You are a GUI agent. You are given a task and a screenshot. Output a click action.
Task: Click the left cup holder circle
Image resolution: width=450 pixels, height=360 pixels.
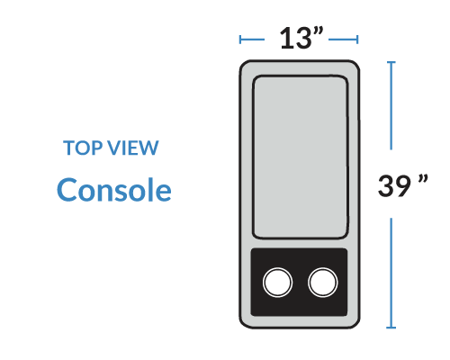coord(277,283)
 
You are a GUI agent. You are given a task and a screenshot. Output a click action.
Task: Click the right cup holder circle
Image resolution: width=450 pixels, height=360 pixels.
coord(323,283)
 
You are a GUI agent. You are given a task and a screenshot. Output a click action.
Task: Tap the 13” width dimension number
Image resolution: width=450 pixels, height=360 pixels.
coord(301,38)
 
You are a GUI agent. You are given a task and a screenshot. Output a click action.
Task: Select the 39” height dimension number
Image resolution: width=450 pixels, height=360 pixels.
coord(403,185)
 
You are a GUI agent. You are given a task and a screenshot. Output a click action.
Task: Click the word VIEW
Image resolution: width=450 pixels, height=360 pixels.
coord(133,148)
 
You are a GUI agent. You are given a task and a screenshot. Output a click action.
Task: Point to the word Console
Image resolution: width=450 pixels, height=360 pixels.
coord(114,190)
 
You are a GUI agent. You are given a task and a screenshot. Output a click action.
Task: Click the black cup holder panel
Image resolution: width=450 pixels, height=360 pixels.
coord(299,282)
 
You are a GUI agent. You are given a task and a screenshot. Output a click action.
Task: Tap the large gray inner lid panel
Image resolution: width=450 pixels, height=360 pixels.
coord(301,157)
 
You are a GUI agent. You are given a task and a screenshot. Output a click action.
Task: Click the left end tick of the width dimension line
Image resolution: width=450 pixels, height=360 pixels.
coord(240,40)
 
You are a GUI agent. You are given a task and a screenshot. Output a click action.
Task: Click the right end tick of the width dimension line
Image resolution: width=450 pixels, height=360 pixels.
coord(357,40)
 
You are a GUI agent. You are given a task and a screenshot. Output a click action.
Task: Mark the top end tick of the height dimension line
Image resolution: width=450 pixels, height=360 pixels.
coord(391,62)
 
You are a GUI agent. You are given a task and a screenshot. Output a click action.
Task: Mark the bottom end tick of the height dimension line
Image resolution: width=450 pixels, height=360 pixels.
coord(391,328)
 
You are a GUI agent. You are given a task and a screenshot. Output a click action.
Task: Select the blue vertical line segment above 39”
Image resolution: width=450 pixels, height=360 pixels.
coord(391,105)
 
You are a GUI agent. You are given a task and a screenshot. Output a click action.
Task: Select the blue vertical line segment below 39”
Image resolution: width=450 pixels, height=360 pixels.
coord(391,273)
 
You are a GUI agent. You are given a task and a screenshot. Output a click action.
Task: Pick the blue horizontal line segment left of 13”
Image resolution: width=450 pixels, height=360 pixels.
coord(252,40)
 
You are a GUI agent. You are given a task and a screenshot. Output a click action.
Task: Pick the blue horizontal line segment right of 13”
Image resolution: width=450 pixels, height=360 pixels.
coord(343,40)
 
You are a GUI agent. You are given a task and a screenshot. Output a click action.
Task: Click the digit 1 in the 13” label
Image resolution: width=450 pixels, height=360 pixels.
coord(286,38)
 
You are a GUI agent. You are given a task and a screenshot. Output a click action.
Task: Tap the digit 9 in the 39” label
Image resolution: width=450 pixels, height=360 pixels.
coord(402,186)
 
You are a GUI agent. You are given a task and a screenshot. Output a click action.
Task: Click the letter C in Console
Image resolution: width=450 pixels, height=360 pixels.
coord(66,189)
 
